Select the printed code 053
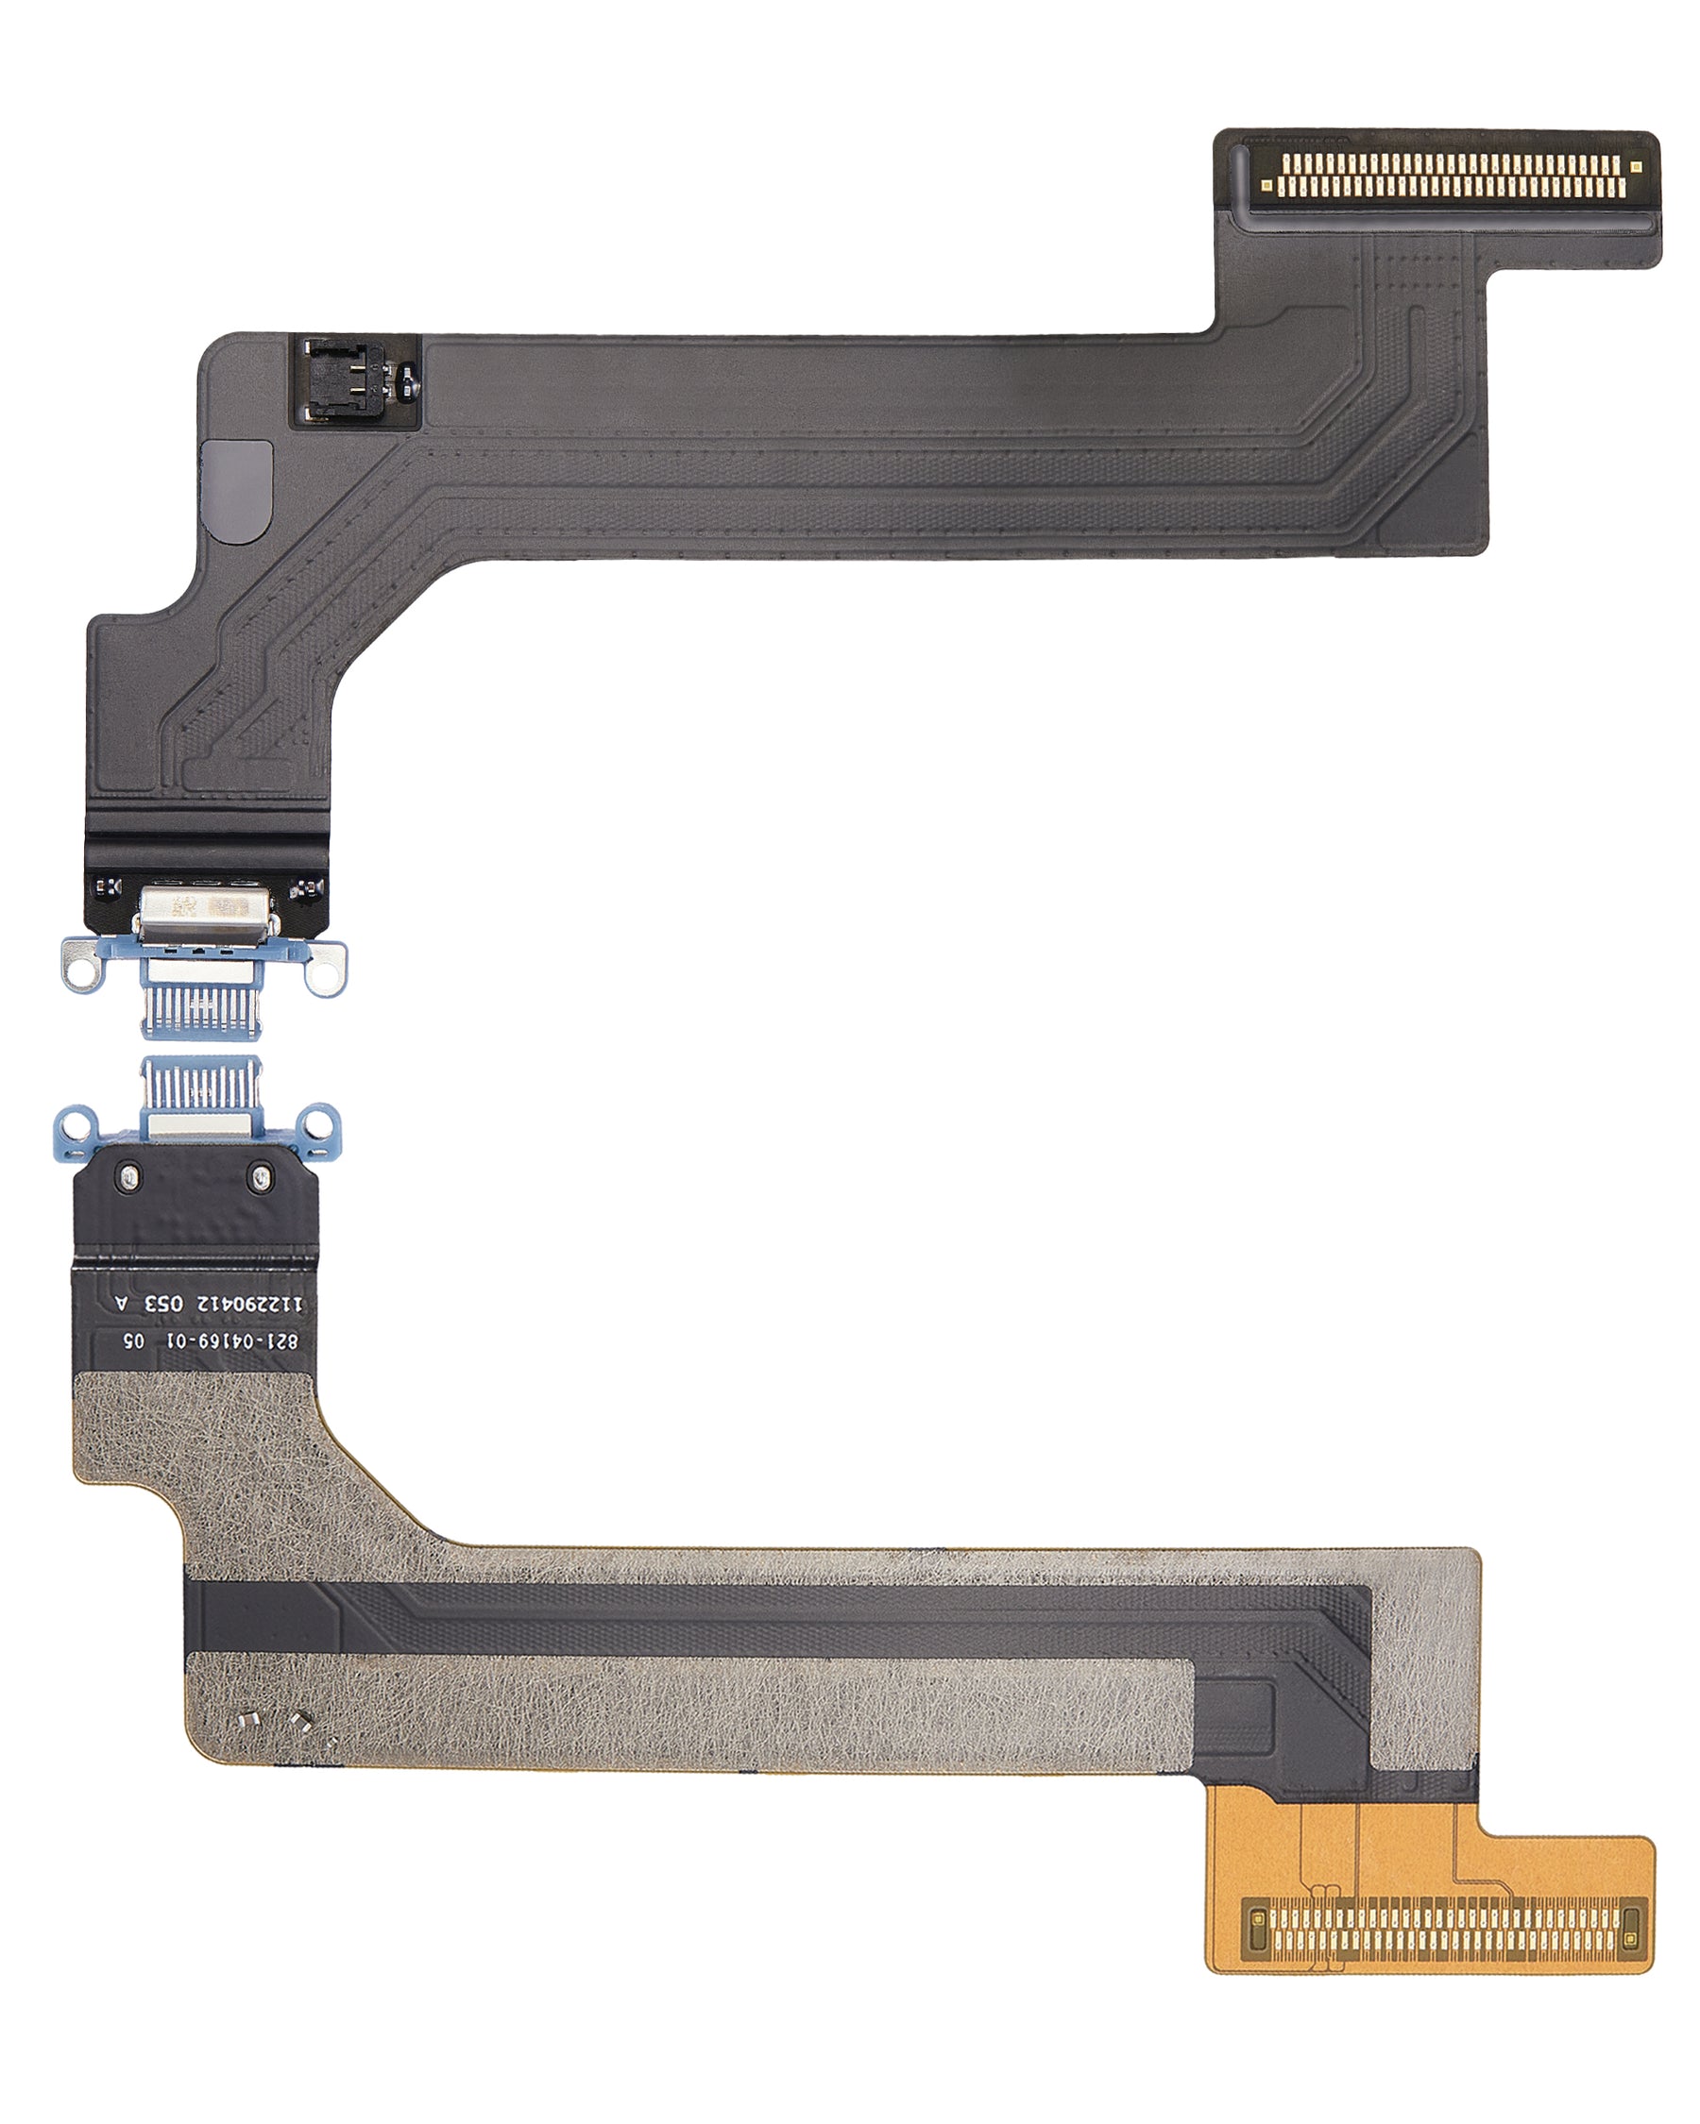(163, 1304)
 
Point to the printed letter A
(122, 1304)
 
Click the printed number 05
(133, 1340)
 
